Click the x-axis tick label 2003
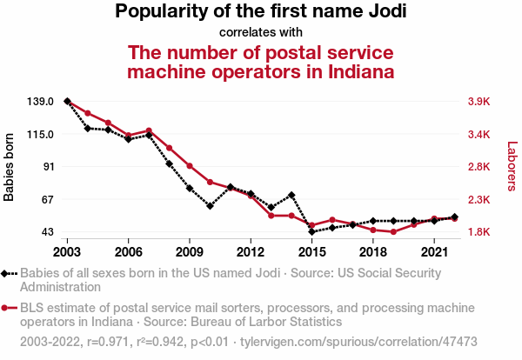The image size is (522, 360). pyautogui.click(x=67, y=252)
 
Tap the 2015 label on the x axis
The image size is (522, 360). pyautogui.click(x=311, y=252)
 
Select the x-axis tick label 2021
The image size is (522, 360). pyautogui.click(x=434, y=252)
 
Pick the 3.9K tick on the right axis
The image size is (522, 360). pyautogui.click(x=479, y=102)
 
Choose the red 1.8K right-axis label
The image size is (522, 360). pyautogui.click(x=479, y=232)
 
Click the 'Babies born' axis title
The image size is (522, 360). pyautogui.click(x=10, y=167)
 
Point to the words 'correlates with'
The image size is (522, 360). pyautogui.click(x=260, y=33)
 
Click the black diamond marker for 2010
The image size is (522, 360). pyautogui.click(x=210, y=206)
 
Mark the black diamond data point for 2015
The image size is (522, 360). pyautogui.click(x=311, y=231)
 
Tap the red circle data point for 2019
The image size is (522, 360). pyautogui.click(x=393, y=232)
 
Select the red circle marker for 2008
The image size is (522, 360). pyautogui.click(x=169, y=148)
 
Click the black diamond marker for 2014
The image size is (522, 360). pyautogui.click(x=291, y=195)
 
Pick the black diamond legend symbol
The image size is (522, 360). pyautogui.click(x=6, y=273)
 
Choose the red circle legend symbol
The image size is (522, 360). pyautogui.click(x=6, y=308)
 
